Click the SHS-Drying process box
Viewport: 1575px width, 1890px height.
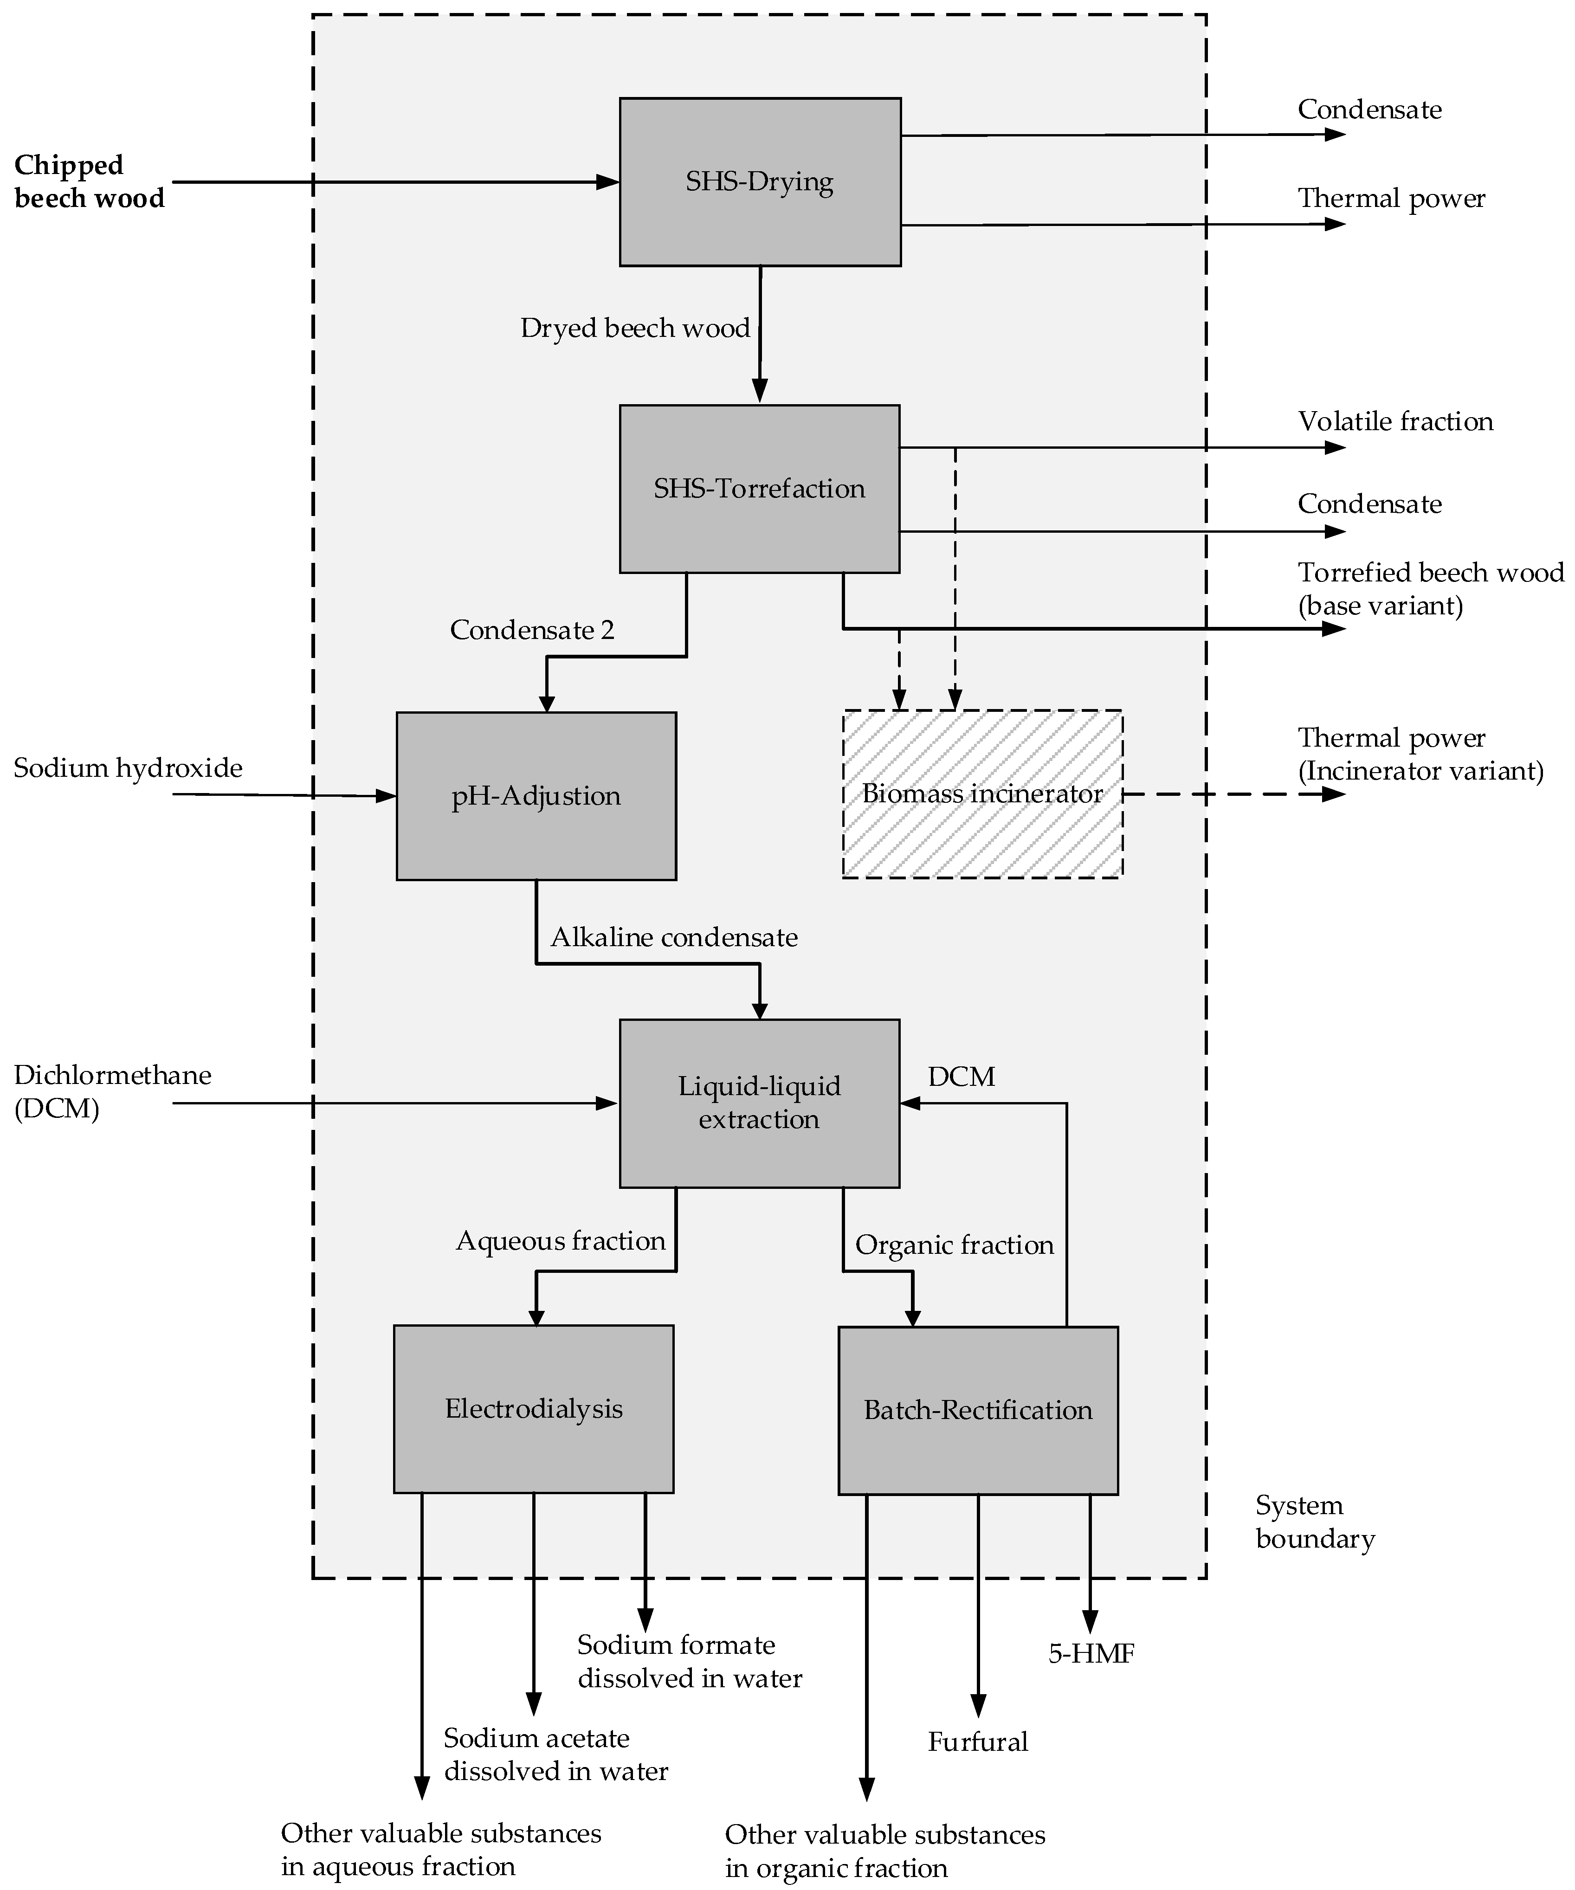point(760,182)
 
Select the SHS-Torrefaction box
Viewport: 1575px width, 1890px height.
point(760,489)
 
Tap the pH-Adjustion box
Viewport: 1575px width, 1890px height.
point(536,796)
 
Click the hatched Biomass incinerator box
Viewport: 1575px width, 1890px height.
point(982,794)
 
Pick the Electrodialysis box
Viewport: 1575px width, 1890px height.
point(534,1408)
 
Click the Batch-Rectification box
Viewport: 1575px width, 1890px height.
point(978,1410)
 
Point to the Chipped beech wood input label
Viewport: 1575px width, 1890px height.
point(89,182)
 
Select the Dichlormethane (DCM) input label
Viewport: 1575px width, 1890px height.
point(112,1091)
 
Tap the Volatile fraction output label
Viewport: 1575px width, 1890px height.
point(1395,421)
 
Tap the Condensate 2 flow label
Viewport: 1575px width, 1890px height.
point(532,630)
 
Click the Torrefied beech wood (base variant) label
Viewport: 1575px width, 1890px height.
point(1430,588)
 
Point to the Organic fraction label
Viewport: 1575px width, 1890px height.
point(954,1245)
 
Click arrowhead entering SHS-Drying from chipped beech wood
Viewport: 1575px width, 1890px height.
point(609,182)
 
